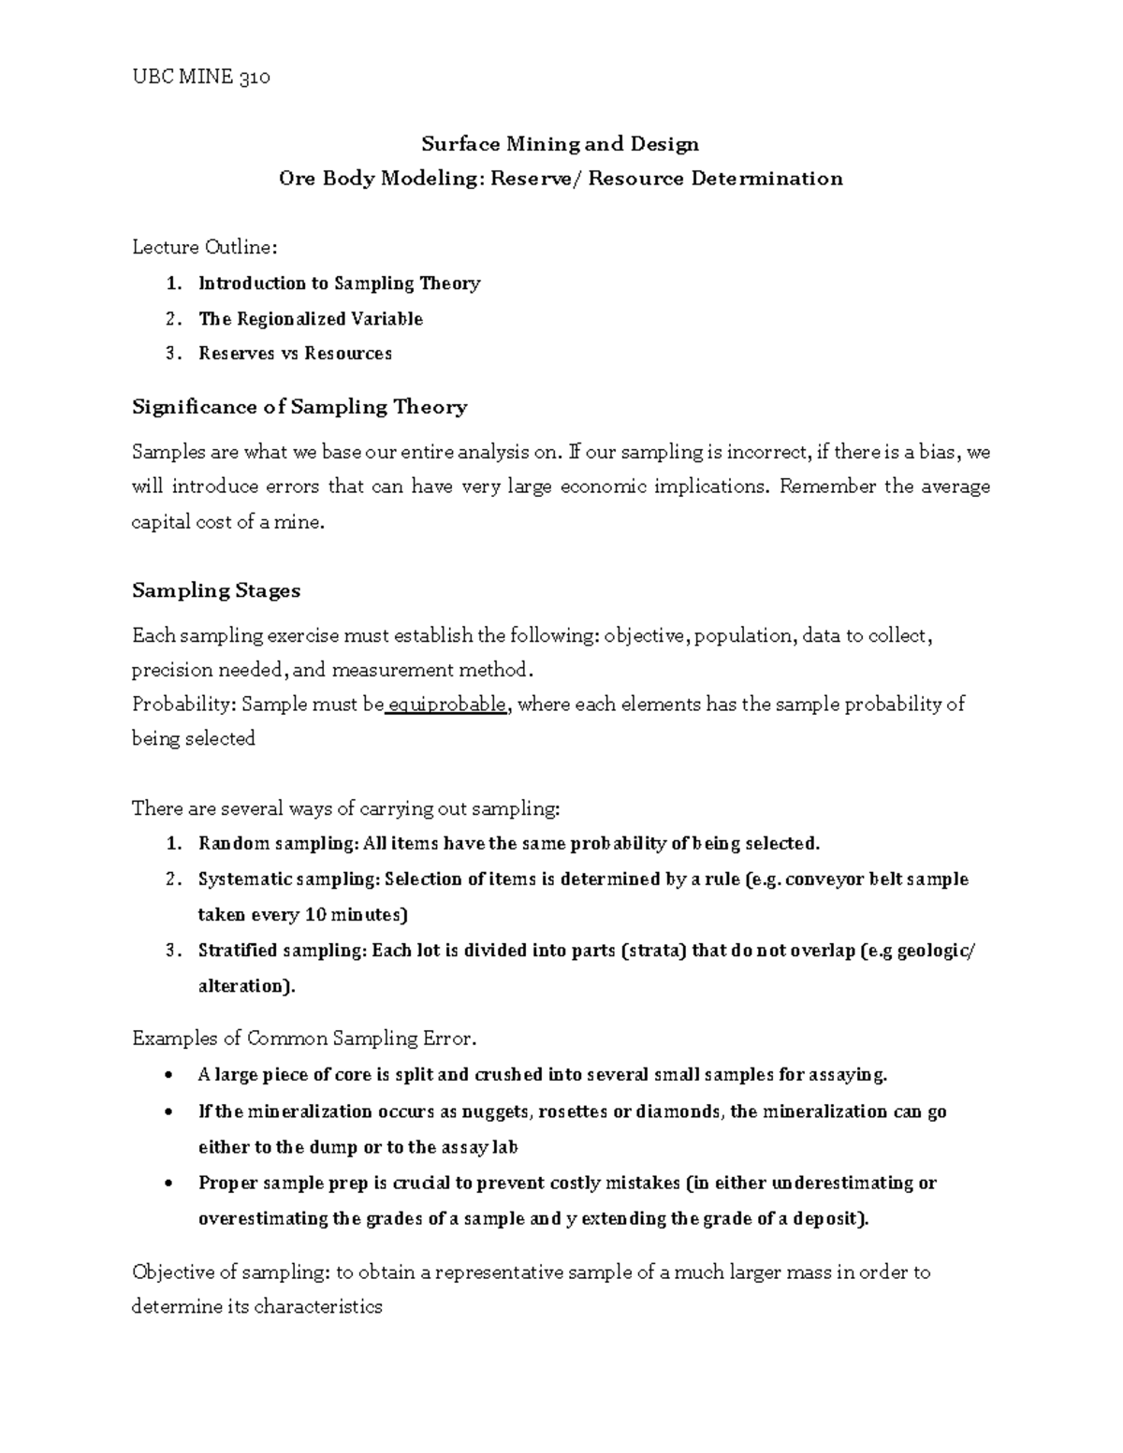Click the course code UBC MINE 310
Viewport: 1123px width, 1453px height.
[201, 77]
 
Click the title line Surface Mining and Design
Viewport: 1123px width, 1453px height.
[560, 144]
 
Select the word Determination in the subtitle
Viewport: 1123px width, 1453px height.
[766, 179]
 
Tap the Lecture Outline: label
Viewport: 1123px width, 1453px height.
[204, 248]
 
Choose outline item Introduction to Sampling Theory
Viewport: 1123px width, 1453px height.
[339, 283]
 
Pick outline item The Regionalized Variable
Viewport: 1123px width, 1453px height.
[311, 319]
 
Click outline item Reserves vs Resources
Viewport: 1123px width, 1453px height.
[295, 354]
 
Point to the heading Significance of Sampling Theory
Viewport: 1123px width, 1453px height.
[299, 407]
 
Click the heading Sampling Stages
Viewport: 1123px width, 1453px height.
[216, 590]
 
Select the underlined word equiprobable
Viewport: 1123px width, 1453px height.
[448, 705]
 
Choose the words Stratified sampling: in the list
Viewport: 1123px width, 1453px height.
[282, 952]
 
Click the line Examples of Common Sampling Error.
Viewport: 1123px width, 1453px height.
[305, 1039]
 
